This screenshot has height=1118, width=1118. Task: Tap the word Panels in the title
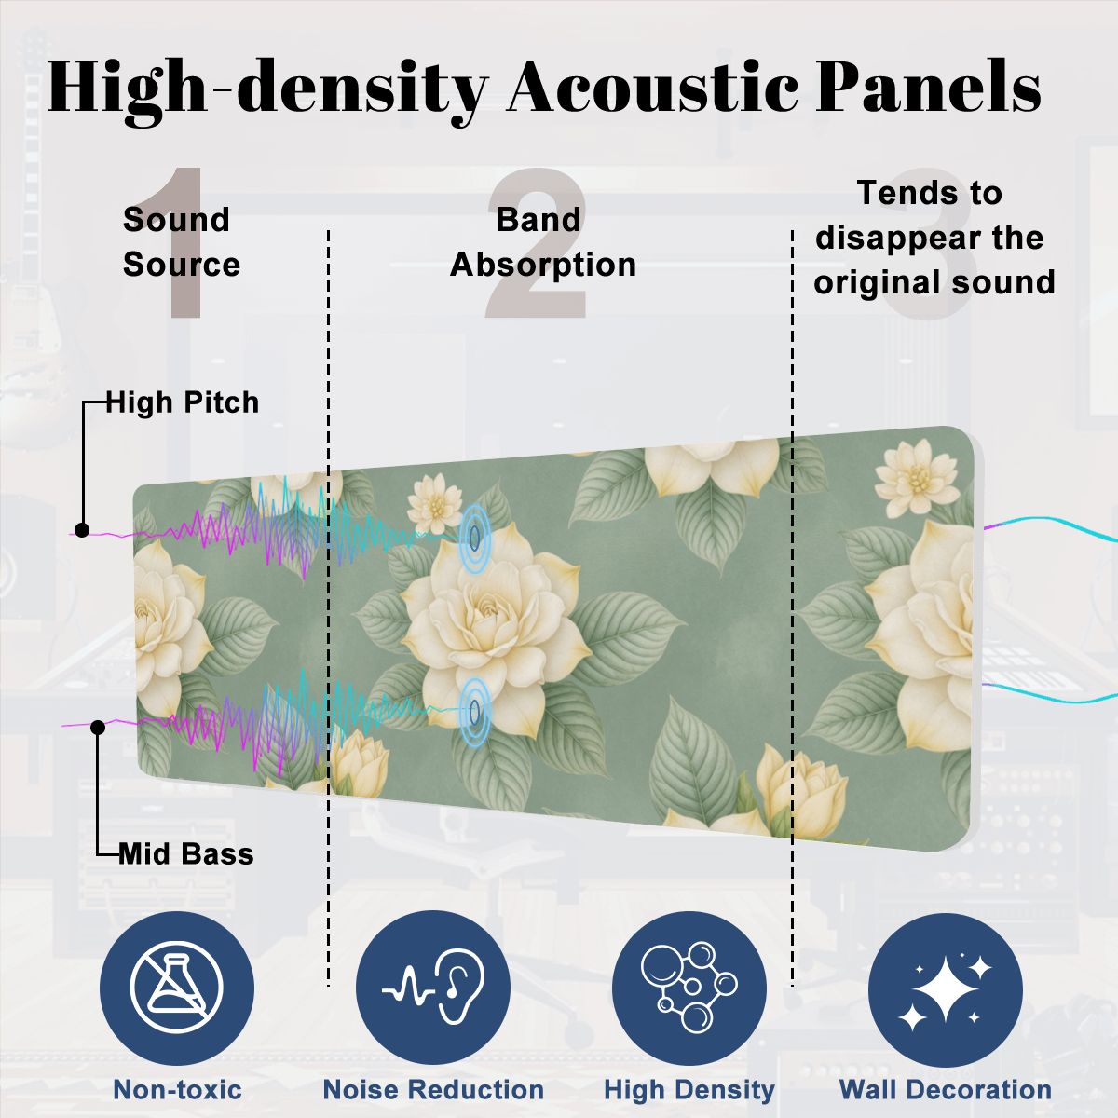(928, 88)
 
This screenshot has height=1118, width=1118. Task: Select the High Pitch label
(183, 402)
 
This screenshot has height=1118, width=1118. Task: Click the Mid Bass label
(186, 854)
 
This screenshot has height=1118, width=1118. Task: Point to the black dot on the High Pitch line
(82, 530)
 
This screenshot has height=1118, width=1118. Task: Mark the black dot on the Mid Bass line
(98, 727)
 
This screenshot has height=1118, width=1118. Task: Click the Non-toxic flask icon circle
(176, 988)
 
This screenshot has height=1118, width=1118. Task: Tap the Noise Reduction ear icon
(433, 988)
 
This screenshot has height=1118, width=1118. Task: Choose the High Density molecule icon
(689, 988)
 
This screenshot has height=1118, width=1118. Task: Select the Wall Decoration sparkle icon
(946, 988)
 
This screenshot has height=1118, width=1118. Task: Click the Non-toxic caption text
(178, 1089)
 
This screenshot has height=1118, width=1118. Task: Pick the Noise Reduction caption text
(433, 1089)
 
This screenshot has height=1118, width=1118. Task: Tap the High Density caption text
(689, 1090)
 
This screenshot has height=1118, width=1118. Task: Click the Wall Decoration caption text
(946, 1089)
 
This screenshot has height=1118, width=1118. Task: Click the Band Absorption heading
(543, 242)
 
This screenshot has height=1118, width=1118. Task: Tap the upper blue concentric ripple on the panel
(475, 536)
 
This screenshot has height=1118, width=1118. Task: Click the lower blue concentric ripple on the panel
(475, 711)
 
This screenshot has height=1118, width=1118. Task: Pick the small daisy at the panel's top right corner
(916, 478)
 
